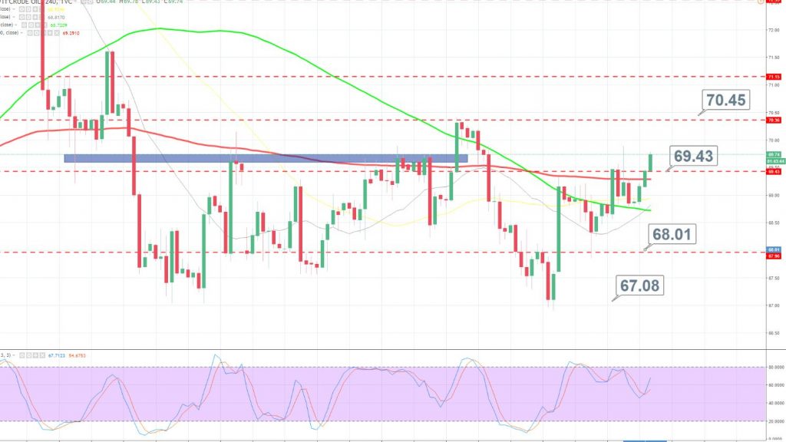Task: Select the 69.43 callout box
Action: pyautogui.click(x=694, y=156)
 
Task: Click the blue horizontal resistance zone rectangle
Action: pyautogui.click(x=265, y=158)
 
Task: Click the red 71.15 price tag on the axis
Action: pyautogui.click(x=773, y=77)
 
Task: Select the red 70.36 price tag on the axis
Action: pyautogui.click(x=773, y=120)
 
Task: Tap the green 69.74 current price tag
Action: pyautogui.click(x=773, y=155)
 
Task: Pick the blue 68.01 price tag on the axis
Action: pyautogui.click(x=773, y=249)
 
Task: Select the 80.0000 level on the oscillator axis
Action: pyautogui.click(x=771, y=368)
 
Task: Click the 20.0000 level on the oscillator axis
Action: pyautogui.click(x=771, y=421)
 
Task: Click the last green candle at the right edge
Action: pyautogui.click(x=650, y=162)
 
